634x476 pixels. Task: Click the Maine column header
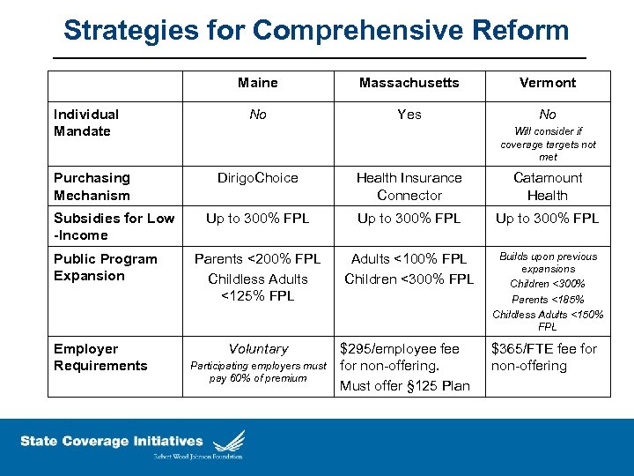[x=257, y=83]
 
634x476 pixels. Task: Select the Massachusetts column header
[x=409, y=83]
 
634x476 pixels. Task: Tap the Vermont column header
[x=547, y=83]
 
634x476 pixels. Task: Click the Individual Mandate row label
[x=86, y=123]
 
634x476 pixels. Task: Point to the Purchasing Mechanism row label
[x=92, y=186]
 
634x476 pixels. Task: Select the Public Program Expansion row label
[x=105, y=267]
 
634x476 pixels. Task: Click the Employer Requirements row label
[x=100, y=357]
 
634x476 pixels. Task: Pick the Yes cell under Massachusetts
[x=409, y=115]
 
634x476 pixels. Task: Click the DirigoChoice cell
[x=257, y=178]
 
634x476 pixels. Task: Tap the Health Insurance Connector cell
[x=409, y=186]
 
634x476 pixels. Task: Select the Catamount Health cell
[x=547, y=186]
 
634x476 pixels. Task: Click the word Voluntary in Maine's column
[x=258, y=349]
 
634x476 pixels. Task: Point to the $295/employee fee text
[x=400, y=349]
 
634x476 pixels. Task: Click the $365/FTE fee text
[x=544, y=349]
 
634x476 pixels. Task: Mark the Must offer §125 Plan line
[x=405, y=386]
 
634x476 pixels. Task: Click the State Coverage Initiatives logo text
[x=111, y=442]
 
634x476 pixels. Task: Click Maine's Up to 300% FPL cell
[x=257, y=219]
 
